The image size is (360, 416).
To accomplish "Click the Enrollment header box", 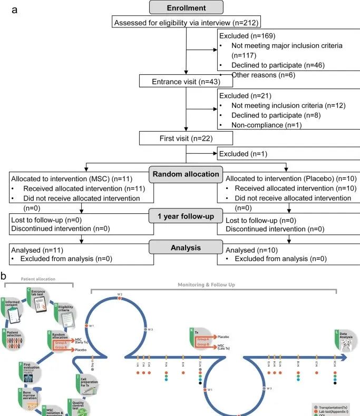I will (186, 7).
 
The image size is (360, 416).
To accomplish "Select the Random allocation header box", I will (186, 174).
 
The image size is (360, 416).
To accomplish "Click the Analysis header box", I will (186, 247).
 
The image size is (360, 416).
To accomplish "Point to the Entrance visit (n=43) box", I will (179, 81).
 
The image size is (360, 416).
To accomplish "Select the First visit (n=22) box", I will (179, 138).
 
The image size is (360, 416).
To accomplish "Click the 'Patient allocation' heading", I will (38, 279).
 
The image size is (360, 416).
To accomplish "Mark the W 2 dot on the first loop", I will (120, 298).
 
